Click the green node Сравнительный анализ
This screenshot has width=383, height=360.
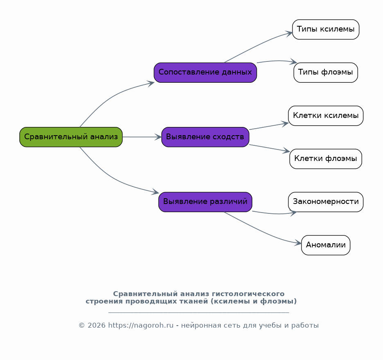pyautogui.click(x=71, y=137)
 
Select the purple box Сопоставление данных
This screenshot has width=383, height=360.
pyautogui.click(x=205, y=72)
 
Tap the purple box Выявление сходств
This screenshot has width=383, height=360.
pyautogui.click(x=205, y=137)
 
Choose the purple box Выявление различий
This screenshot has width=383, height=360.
pyautogui.click(x=205, y=202)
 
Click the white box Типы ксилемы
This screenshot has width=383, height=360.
pyautogui.click(x=326, y=29)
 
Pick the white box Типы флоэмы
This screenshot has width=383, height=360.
pyautogui.click(x=326, y=72)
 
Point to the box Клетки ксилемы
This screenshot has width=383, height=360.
pyautogui.click(x=326, y=116)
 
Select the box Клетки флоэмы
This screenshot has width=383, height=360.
pyautogui.click(x=326, y=159)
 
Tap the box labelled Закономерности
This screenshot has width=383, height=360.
pyautogui.click(x=326, y=202)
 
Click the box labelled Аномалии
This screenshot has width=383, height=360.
pyautogui.click(x=326, y=245)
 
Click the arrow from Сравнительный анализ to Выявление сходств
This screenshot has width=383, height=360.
pyautogui.click(x=142, y=137)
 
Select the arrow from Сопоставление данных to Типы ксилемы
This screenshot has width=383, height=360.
pyautogui.click(x=258, y=46)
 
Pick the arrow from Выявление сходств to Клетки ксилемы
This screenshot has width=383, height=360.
pyautogui.click(x=269, y=126)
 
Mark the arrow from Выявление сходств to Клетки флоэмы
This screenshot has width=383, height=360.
pyautogui.click(x=270, y=148)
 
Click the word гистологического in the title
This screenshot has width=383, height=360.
pyautogui.click(x=248, y=294)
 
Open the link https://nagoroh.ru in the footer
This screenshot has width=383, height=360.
pyautogui.click(x=141, y=326)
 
